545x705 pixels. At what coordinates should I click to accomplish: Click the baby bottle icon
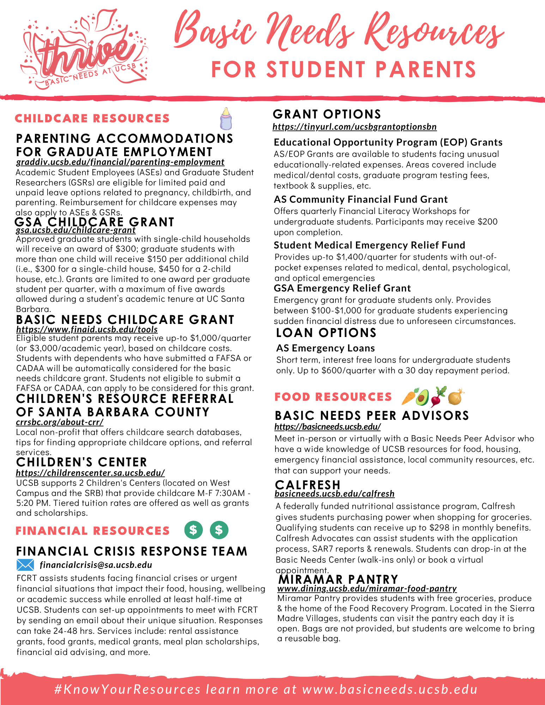coord(226,119)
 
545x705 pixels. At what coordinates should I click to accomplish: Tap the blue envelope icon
coord(25,565)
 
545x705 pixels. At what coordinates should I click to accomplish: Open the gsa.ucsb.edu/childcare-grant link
coord(76,230)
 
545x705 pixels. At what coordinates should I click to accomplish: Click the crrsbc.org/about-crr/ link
coord(60,422)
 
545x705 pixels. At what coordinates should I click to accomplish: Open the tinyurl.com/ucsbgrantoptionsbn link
coord(355,127)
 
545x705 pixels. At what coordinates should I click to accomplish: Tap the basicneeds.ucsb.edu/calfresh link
coord(334,493)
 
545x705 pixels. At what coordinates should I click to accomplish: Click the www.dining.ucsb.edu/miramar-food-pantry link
coord(367,588)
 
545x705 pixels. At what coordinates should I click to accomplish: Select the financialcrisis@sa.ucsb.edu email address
coord(96,565)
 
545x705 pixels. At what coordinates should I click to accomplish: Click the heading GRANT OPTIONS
coord(327,114)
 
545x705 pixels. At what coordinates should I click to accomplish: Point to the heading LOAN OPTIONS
coord(326,333)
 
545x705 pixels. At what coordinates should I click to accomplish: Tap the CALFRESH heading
coord(308,485)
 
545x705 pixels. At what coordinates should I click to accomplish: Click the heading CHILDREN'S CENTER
coord(81,462)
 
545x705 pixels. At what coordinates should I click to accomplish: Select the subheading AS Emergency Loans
coord(326,348)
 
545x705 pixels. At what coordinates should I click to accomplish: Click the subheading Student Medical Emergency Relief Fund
coord(369,245)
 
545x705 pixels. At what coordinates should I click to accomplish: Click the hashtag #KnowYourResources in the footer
coord(128,689)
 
